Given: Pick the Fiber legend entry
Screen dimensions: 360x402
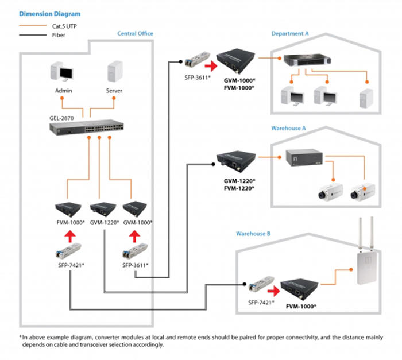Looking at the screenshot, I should pos(51,34).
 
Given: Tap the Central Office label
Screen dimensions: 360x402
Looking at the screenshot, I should pos(135,34).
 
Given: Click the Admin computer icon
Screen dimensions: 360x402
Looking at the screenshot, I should pos(63,74).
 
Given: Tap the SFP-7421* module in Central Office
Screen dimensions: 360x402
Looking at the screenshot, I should pos(68,250).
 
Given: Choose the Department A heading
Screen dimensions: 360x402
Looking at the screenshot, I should pos(290,34).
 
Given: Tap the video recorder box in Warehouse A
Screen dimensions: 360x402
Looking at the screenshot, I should pos(303,158).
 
